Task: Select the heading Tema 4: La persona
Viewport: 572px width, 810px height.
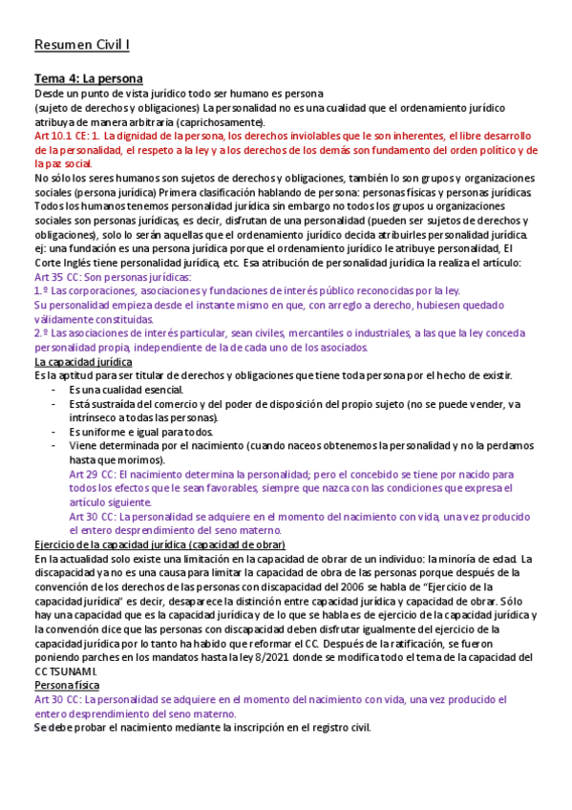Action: click(88, 78)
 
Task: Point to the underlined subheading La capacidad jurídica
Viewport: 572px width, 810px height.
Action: click(83, 362)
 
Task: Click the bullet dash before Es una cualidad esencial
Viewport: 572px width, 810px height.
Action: click(54, 390)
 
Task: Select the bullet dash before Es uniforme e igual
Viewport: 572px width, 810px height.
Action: click(54, 432)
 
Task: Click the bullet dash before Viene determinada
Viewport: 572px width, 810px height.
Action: click(54, 446)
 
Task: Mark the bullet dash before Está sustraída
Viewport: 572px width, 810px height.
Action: click(54, 404)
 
